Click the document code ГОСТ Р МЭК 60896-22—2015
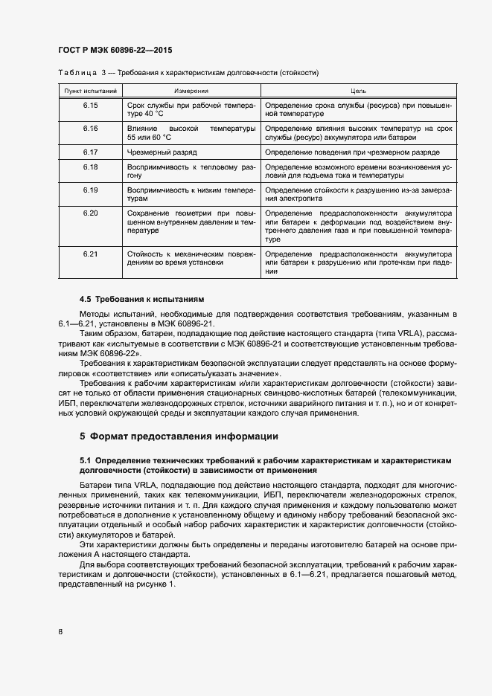pos(115,50)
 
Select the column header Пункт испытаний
pos(91,91)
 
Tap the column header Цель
pos(358,91)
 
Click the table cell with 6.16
pos(91,129)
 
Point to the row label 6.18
pos(91,167)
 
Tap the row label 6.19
pos(91,190)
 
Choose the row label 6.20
pos(91,213)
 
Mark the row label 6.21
pos(91,254)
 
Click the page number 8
pos(60,631)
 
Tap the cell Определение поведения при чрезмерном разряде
pos(353,152)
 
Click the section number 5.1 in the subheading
pos(86,462)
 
